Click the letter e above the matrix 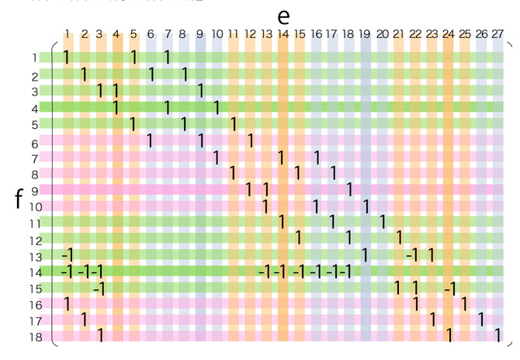283,16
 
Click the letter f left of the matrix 19,199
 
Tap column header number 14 283,34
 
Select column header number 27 497,34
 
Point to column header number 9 199,34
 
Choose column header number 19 365,34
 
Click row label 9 35,191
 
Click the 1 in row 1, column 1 68,57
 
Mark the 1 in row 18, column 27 497,335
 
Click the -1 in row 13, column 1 67,254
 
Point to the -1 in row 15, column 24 449,289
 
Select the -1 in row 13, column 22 413,254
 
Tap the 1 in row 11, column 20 383,221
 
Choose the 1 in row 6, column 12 250,140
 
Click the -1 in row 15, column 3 99,289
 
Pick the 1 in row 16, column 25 464,303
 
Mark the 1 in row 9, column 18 349,189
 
